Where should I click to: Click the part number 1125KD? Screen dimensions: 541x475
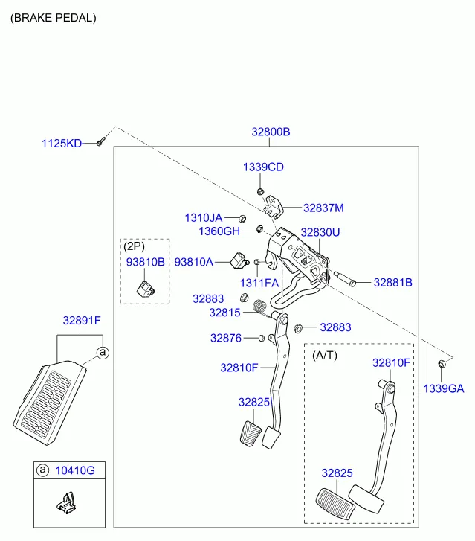[62, 143]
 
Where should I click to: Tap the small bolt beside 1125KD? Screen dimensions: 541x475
[100, 141]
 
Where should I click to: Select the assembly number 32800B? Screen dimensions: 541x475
[271, 132]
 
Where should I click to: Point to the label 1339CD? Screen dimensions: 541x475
[263, 167]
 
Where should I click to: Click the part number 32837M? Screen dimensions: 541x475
[323, 208]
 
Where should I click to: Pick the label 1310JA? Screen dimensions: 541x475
[203, 217]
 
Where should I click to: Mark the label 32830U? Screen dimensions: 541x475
[320, 232]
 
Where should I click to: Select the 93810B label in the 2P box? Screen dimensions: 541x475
[145, 262]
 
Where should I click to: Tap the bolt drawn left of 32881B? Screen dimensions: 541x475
[346, 281]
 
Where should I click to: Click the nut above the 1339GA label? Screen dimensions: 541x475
[442, 363]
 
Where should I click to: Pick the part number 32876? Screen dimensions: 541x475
[226, 338]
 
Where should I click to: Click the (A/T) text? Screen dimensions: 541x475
[325, 355]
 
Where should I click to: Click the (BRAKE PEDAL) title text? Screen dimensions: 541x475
[53, 17]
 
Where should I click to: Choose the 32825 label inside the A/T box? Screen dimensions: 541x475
[337, 473]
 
